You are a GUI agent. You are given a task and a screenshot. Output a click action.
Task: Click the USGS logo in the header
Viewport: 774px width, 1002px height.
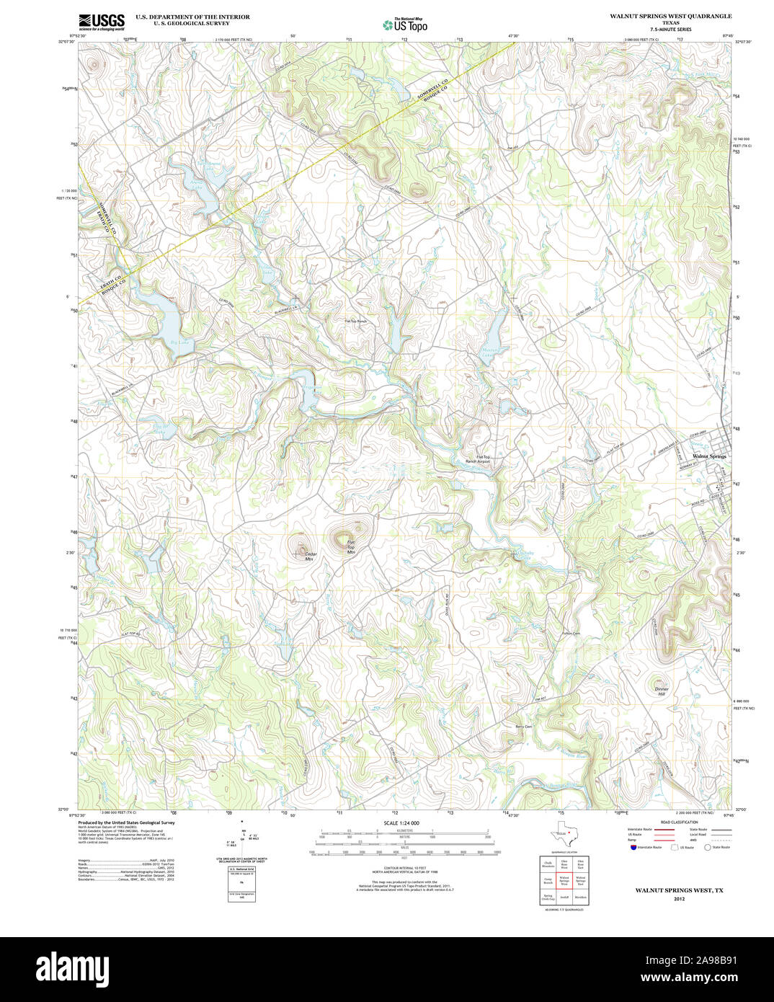tap(101, 22)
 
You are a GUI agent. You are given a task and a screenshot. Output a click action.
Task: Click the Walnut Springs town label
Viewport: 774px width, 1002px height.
tap(709, 456)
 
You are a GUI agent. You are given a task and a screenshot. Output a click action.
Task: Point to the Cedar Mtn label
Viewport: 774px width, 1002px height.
tap(310, 556)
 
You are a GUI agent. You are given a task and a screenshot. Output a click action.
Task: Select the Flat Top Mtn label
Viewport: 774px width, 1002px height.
tap(351, 547)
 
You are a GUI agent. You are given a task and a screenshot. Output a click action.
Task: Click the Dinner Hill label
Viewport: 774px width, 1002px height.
tap(662, 691)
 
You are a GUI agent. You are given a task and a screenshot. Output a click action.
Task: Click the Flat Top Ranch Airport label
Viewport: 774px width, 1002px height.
tap(477, 459)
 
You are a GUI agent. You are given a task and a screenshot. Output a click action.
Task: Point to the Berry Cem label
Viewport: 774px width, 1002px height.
tap(523, 726)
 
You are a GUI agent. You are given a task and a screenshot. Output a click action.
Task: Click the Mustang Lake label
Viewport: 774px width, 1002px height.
tap(489, 353)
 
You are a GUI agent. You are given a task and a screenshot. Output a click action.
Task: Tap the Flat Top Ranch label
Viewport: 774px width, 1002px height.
tap(355, 322)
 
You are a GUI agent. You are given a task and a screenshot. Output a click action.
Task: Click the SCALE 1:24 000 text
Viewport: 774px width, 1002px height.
tap(401, 823)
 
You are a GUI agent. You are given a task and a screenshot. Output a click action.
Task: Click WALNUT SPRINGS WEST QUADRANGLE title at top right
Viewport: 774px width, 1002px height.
tap(670, 16)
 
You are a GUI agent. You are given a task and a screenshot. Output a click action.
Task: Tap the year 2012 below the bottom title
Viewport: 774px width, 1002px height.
tap(679, 899)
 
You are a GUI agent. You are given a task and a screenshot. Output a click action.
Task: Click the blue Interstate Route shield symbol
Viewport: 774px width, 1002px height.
tap(633, 847)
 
